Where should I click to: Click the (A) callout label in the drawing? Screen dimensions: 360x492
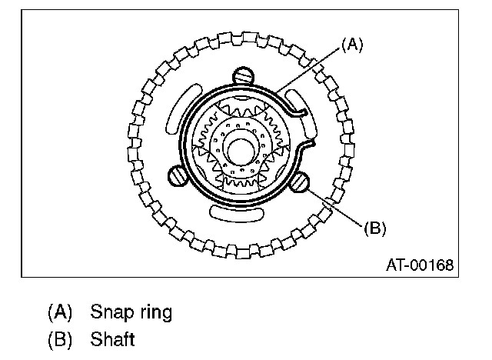click(351, 45)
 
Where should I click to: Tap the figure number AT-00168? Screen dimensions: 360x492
click(420, 265)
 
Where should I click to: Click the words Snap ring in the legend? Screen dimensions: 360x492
click(131, 312)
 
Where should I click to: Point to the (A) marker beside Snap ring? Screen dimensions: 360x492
click(59, 312)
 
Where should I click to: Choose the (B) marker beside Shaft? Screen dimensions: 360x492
click(59, 338)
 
